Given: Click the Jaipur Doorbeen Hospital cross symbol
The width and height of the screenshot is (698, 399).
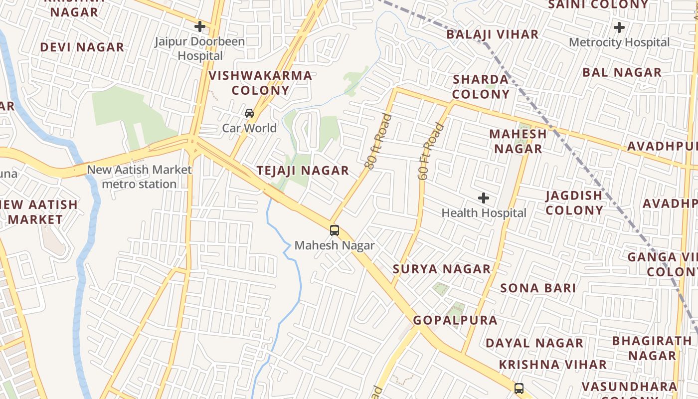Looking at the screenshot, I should click(x=200, y=26).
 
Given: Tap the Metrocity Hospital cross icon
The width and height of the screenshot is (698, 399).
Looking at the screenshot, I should click(x=619, y=27).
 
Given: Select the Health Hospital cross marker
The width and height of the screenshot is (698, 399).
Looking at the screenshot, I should click(x=483, y=198).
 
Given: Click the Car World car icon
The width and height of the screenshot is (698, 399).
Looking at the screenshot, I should click(x=249, y=113).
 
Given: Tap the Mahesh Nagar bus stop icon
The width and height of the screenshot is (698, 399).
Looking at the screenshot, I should click(x=335, y=230).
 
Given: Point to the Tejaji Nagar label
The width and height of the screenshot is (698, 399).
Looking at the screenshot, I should click(x=303, y=171).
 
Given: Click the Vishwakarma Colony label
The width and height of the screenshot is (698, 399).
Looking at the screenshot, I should click(x=260, y=83).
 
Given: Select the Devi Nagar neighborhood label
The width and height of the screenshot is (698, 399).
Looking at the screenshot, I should click(x=82, y=47).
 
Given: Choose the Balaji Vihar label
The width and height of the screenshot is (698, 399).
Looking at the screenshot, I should click(x=492, y=34).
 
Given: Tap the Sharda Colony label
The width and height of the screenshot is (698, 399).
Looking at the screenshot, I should click(x=481, y=87).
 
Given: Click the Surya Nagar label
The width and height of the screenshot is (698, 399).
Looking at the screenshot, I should click(x=442, y=269).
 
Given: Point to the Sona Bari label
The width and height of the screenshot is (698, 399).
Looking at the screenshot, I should click(x=538, y=288).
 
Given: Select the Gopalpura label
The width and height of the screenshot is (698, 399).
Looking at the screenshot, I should click(x=455, y=320).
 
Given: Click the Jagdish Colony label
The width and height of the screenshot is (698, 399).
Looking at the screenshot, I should click(x=574, y=203).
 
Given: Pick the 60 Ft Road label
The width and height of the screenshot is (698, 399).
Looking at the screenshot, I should click(x=430, y=152).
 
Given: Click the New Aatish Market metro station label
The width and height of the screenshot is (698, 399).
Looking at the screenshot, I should click(x=139, y=177).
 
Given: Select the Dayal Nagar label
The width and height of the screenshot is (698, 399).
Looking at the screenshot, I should click(x=534, y=343).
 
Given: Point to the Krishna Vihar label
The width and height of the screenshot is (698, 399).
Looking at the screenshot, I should click(x=552, y=365).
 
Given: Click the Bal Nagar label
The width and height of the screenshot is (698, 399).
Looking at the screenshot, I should click(x=622, y=72).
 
